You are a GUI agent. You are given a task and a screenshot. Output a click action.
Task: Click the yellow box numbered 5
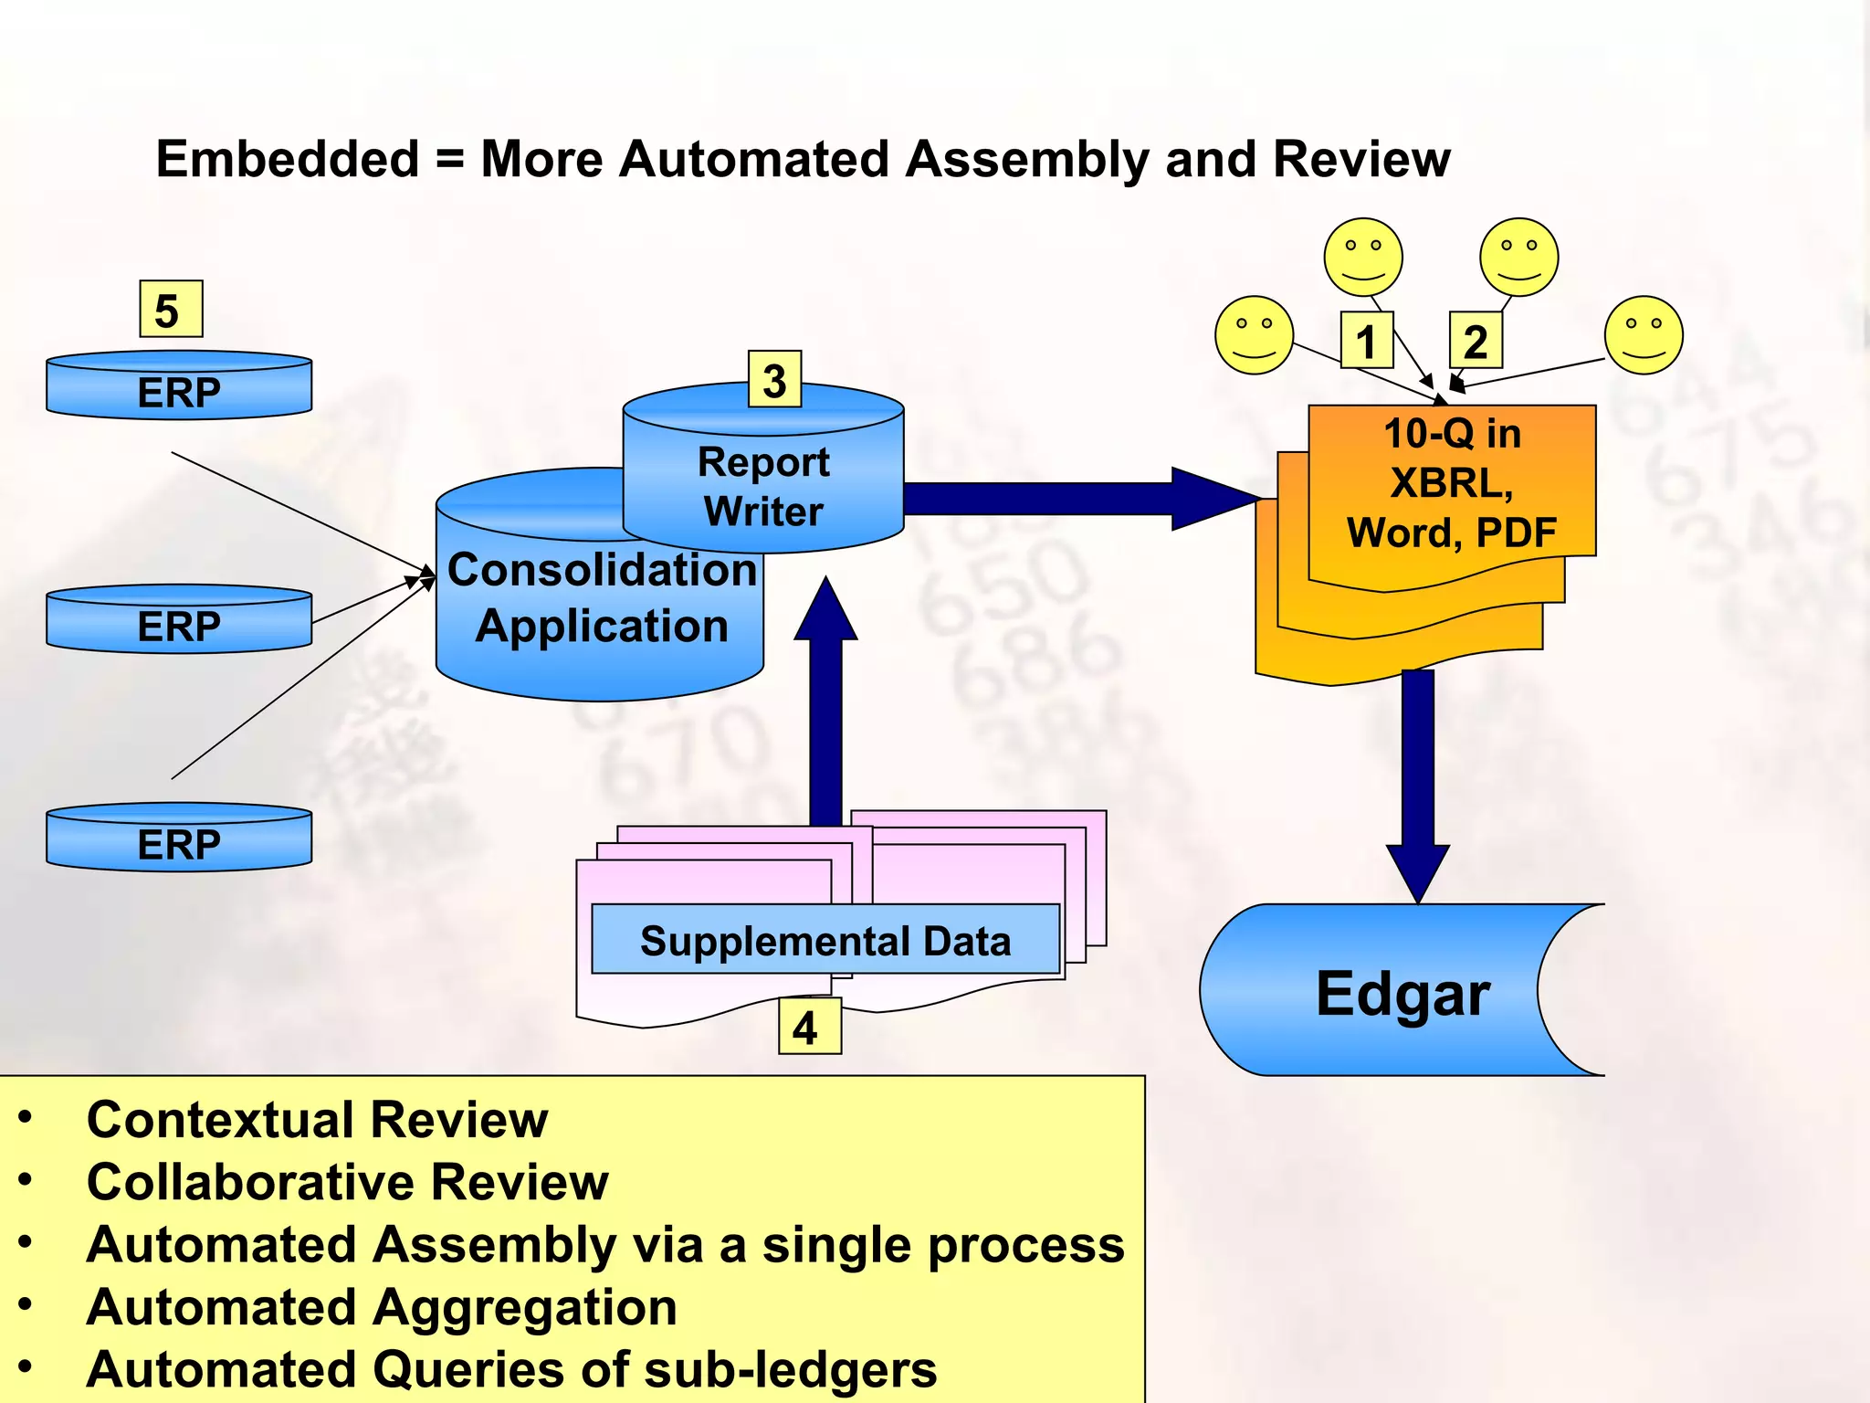[x=170, y=310]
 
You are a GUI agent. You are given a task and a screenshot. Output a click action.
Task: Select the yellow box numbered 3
[x=774, y=379]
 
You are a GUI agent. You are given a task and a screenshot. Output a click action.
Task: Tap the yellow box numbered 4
[x=809, y=1028]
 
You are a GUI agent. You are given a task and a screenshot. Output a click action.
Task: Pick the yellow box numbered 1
[x=1366, y=341]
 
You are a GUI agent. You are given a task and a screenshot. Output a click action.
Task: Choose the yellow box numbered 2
[x=1476, y=341]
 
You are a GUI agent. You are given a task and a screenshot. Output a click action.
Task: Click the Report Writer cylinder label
[x=763, y=486]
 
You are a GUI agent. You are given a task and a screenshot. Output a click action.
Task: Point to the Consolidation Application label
[x=601, y=597]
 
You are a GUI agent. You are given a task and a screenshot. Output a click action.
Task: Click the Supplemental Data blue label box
[x=825, y=940]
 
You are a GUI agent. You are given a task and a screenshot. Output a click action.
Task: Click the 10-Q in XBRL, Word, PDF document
[x=1452, y=484]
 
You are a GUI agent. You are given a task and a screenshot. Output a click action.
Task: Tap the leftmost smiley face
[x=1254, y=335]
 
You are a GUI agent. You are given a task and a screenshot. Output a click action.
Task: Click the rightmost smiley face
[x=1644, y=335]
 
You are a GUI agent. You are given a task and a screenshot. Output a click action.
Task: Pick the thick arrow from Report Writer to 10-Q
[x=1077, y=499]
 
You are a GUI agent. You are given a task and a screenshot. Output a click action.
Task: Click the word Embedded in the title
[x=287, y=159]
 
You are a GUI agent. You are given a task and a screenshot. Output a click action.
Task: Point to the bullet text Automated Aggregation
[x=382, y=1307]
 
